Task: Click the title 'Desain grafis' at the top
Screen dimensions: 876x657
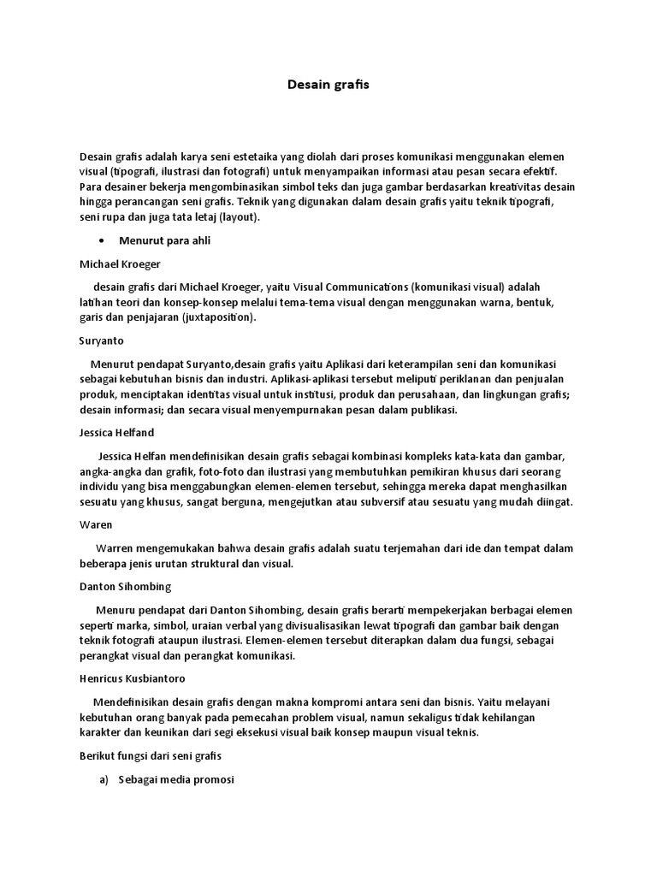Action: click(328, 86)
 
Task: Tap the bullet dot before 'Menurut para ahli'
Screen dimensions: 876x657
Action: click(103, 240)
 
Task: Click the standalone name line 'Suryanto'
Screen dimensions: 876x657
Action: click(102, 340)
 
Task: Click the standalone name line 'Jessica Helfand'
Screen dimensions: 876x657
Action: click(116, 433)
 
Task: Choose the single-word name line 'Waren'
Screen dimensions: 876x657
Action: click(96, 524)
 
